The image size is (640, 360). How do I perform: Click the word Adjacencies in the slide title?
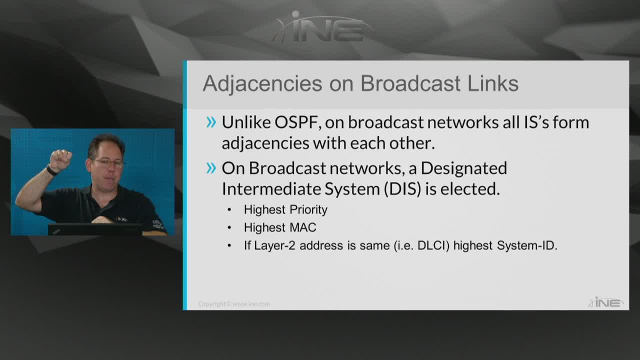point(262,84)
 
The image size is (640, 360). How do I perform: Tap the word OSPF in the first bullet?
point(296,122)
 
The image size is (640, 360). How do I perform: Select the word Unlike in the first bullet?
point(246,122)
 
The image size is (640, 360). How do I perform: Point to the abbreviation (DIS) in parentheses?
point(402,189)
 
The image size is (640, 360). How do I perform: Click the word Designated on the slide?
point(463,168)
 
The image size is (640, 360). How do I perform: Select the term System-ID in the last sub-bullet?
point(527,245)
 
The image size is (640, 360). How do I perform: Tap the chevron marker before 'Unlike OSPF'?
point(211,122)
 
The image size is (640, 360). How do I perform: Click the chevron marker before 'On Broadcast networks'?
point(211,168)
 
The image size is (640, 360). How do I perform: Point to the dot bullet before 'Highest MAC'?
point(229,227)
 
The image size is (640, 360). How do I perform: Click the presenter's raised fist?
point(60,160)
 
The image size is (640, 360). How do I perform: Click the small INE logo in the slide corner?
point(605,302)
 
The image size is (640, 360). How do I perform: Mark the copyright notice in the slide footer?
point(233,304)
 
